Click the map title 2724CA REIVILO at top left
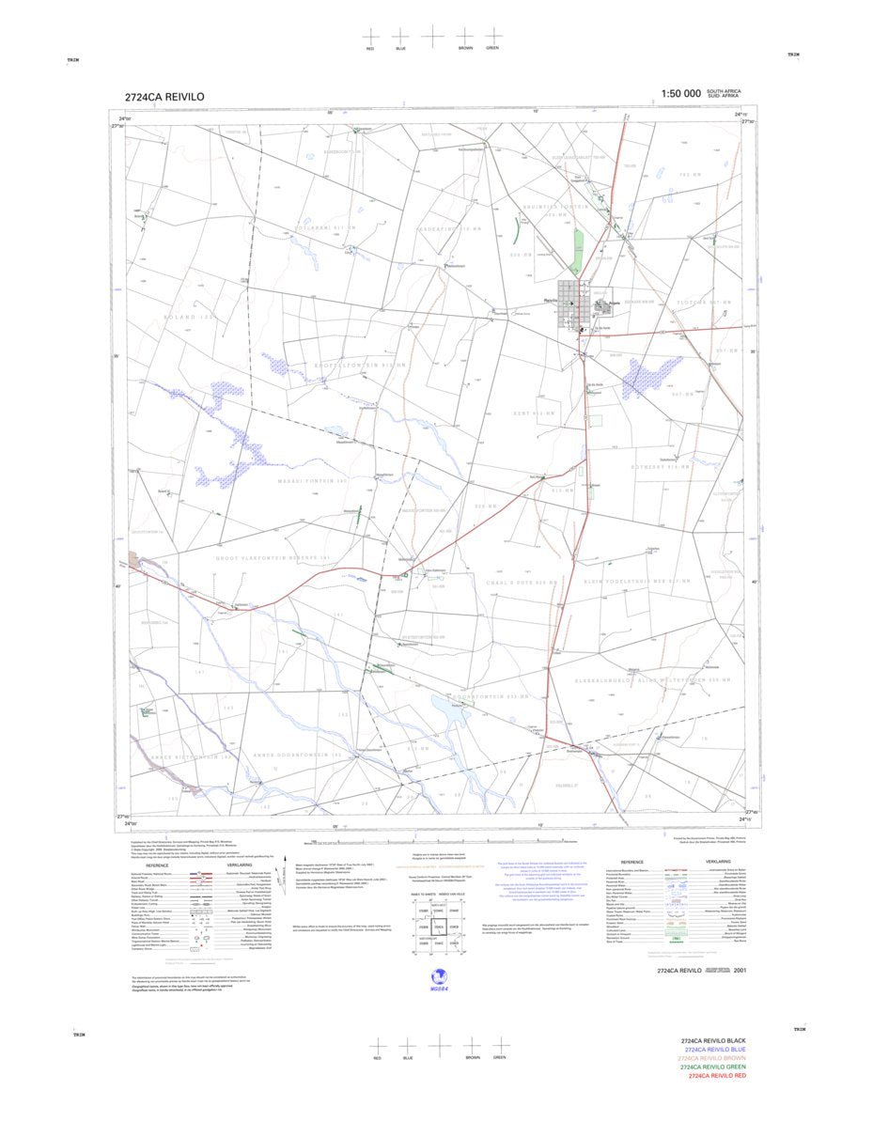pos(164,97)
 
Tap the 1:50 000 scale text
pos(681,94)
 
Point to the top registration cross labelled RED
pos(371,36)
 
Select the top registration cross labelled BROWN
pos(465,36)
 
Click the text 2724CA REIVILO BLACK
pos(713,1041)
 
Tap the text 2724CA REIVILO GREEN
pos(714,1067)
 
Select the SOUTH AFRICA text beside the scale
pos(725,91)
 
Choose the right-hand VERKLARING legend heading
pos(718,861)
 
